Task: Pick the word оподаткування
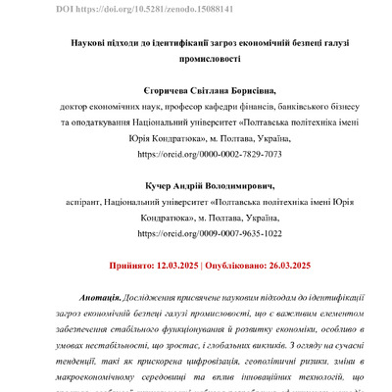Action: coord(99,138)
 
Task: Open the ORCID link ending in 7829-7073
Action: coord(196,154)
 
